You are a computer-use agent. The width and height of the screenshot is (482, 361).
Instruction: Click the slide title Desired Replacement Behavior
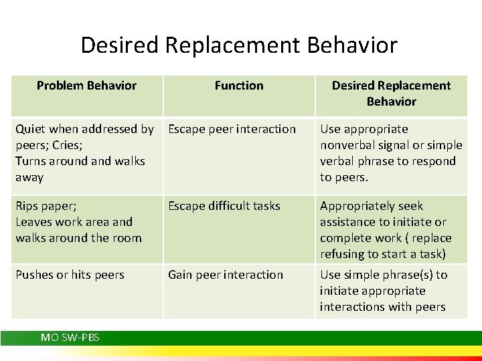[x=239, y=45]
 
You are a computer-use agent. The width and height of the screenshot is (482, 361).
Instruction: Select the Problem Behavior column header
[x=86, y=86]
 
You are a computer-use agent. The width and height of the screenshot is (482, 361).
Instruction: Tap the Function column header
[x=239, y=86]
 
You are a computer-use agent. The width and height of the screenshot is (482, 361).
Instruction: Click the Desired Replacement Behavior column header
[x=391, y=94]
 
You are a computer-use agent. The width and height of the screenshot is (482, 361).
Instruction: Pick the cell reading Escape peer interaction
[x=232, y=129]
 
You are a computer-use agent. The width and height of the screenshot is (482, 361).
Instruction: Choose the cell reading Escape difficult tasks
[x=224, y=206]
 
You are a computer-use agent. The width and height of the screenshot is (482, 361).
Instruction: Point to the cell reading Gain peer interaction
[x=226, y=275]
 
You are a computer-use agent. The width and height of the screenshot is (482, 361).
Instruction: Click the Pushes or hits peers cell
[x=70, y=275]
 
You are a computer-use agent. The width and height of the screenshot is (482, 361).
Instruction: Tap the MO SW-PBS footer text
[x=70, y=338]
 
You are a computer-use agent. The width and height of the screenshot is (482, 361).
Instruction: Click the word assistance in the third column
[x=347, y=222]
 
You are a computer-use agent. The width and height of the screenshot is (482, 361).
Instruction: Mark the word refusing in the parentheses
[x=342, y=254]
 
